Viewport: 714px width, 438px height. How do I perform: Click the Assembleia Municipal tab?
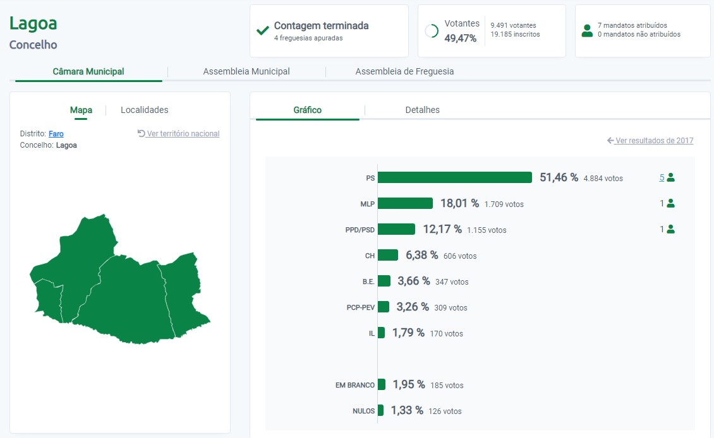pyautogui.click(x=246, y=71)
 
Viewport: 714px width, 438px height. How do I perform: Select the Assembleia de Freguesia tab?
pyautogui.click(x=404, y=71)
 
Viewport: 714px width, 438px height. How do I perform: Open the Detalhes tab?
pyautogui.click(x=422, y=110)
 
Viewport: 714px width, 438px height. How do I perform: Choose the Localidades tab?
pyautogui.click(x=145, y=110)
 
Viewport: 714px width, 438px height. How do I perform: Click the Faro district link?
pyautogui.click(x=56, y=134)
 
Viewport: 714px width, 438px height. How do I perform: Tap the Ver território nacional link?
pyautogui.click(x=179, y=134)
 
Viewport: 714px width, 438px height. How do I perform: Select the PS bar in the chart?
pyautogui.click(x=455, y=177)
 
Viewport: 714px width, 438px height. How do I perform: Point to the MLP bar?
pyautogui.click(x=405, y=203)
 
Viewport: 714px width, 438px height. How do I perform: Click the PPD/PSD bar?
pyautogui.click(x=396, y=229)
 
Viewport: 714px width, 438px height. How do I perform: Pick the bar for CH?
pyautogui.click(x=388, y=255)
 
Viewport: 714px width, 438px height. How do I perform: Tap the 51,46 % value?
pyautogui.click(x=559, y=177)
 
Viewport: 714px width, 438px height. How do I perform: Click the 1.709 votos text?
pyautogui.click(x=504, y=204)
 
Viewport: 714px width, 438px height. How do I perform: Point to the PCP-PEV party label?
pyautogui.click(x=360, y=307)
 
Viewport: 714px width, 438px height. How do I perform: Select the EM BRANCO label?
pyautogui.click(x=355, y=385)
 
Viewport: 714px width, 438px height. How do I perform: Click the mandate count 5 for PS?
pyautogui.click(x=662, y=177)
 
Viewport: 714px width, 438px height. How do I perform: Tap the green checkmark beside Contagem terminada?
pyautogui.click(x=263, y=30)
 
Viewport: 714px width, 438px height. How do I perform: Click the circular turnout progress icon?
pyautogui.click(x=432, y=31)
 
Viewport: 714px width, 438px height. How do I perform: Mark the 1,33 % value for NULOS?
pyautogui.click(x=407, y=410)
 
